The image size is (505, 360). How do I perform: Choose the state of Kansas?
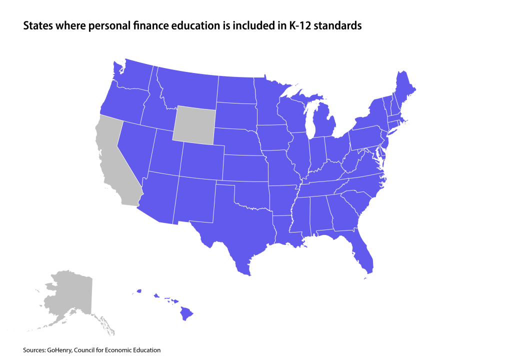[x=245, y=168]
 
